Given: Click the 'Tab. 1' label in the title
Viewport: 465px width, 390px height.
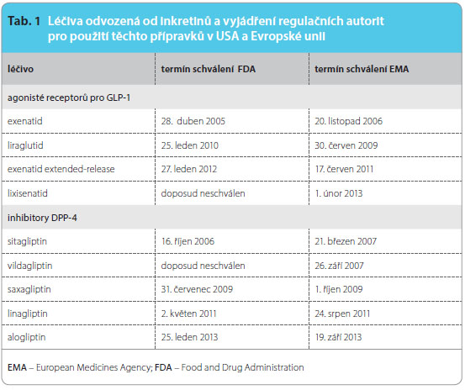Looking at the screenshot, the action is click(x=24, y=21).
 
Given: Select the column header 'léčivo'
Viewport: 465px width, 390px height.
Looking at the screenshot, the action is click(x=20, y=69).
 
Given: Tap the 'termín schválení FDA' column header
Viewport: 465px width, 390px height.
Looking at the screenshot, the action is click(x=209, y=69).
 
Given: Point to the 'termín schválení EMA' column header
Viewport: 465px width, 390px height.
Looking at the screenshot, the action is click(x=362, y=69).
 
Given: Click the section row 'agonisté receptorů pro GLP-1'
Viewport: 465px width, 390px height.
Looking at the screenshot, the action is click(x=69, y=97).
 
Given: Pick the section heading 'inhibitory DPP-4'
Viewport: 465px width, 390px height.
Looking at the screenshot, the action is click(x=42, y=218).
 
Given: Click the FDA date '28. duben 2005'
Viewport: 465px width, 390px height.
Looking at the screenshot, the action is click(x=193, y=121).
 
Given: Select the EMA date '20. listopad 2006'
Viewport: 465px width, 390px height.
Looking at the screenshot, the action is click(x=348, y=121).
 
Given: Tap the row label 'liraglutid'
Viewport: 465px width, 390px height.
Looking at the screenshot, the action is click(x=25, y=145).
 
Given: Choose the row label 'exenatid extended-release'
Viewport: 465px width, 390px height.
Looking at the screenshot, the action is click(x=61, y=169).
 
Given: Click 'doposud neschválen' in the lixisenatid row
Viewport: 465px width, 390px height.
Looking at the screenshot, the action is click(x=203, y=193).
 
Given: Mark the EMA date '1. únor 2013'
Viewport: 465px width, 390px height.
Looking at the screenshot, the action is click(x=339, y=193).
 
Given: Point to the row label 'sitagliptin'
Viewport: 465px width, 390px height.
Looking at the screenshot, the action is click(x=27, y=241).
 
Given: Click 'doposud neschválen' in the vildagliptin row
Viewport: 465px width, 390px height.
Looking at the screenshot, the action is click(x=203, y=266).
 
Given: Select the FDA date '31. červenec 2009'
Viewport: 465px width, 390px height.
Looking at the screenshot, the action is click(x=197, y=289).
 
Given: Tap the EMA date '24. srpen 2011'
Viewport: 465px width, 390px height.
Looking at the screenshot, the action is click(x=342, y=314).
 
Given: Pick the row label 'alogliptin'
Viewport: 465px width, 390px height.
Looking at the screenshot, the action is click(x=27, y=337).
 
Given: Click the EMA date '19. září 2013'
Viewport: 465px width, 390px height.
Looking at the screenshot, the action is click(x=338, y=337).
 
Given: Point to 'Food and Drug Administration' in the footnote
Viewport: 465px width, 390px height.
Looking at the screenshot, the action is click(x=242, y=367).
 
